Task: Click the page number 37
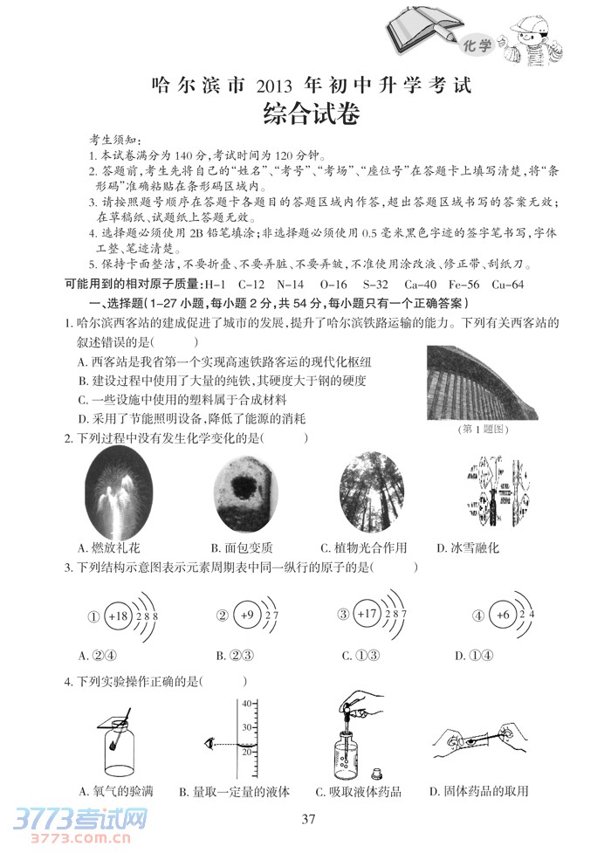[x=306, y=818]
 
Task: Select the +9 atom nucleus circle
[x=247, y=616]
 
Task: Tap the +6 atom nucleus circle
[x=502, y=616]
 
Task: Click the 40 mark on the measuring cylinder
[x=246, y=704]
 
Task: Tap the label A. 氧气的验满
[x=115, y=792]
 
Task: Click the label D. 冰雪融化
[x=468, y=548]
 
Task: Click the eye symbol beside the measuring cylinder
[x=209, y=741]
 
